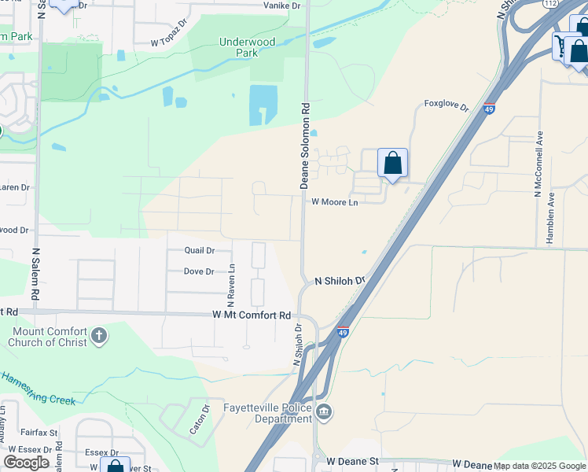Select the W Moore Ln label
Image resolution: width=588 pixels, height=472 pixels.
click(334, 202)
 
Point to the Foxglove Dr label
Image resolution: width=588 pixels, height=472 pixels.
click(446, 104)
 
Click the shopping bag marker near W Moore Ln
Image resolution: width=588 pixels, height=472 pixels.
click(392, 164)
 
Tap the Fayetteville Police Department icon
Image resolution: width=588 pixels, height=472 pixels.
click(324, 412)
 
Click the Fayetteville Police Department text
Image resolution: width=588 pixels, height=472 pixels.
click(267, 413)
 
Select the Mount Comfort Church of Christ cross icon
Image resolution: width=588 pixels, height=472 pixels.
click(98, 337)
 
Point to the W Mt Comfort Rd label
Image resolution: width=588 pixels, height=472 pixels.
click(252, 315)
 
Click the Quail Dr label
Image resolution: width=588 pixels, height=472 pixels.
click(199, 250)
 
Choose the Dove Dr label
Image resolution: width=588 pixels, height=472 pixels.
click(198, 271)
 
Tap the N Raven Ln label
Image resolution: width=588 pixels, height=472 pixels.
click(231, 285)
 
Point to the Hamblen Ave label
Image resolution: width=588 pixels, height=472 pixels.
click(551, 218)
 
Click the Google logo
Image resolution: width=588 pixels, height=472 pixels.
click(27, 462)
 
